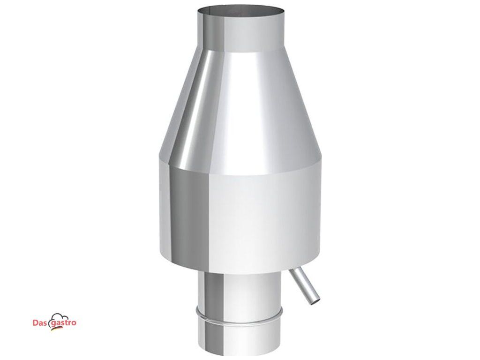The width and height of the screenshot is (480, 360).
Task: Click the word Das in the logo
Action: (x=39, y=322)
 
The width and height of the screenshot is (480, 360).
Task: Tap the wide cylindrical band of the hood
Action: (x=241, y=220)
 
